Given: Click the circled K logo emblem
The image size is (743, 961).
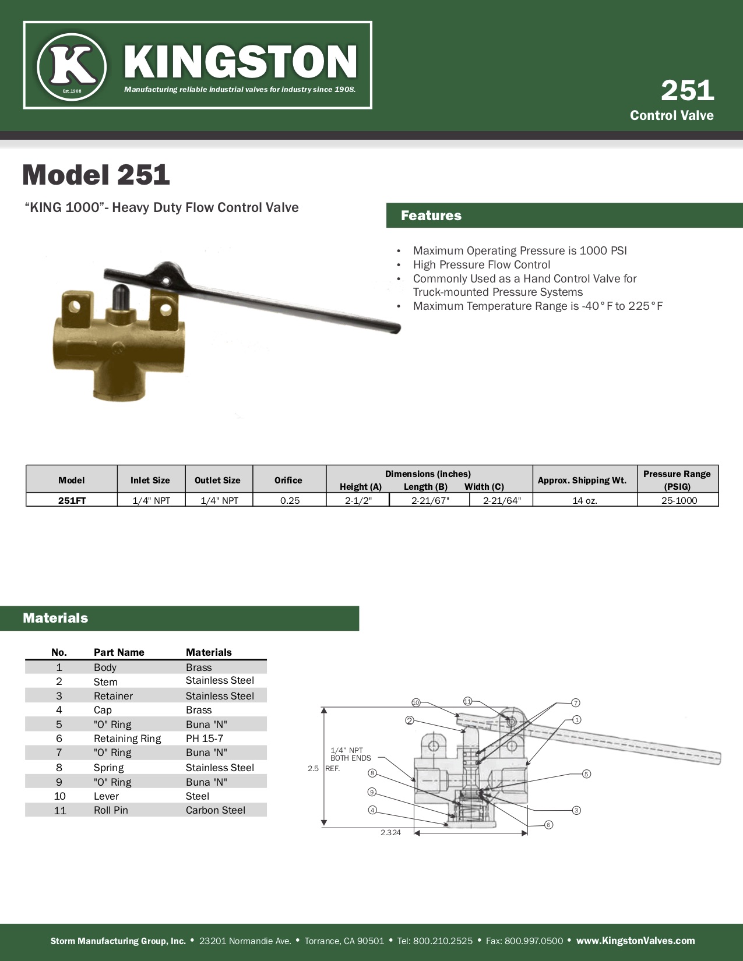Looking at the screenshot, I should click(x=71, y=66).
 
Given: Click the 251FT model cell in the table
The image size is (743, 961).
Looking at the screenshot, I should click(x=72, y=500).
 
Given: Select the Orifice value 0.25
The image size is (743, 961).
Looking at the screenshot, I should click(x=290, y=500).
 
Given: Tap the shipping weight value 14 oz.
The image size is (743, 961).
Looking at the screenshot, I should click(x=584, y=500).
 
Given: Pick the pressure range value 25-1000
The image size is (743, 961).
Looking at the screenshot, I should click(x=679, y=500).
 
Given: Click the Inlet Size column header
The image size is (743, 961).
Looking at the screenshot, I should click(x=150, y=480).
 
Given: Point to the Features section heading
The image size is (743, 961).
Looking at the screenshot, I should click(x=431, y=215).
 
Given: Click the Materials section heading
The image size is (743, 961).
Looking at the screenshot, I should click(x=55, y=618).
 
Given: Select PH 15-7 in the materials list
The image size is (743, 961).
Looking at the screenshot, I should click(x=205, y=739).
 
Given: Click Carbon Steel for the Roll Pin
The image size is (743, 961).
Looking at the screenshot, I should click(x=216, y=810).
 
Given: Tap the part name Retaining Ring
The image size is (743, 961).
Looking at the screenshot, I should click(x=127, y=739).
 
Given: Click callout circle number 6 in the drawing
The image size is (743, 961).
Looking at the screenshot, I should click(x=548, y=825).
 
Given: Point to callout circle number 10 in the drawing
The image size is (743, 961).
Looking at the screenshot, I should click(x=415, y=702).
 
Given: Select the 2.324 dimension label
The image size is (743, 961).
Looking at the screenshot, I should click(x=390, y=833).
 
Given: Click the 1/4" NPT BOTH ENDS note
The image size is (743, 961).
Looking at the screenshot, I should click(x=350, y=754).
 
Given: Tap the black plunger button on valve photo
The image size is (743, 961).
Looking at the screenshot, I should click(x=121, y=297).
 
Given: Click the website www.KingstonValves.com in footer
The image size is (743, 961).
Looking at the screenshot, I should click(x=635, y=941).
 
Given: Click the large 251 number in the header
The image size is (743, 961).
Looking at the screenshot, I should click(x=687, y=90).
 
